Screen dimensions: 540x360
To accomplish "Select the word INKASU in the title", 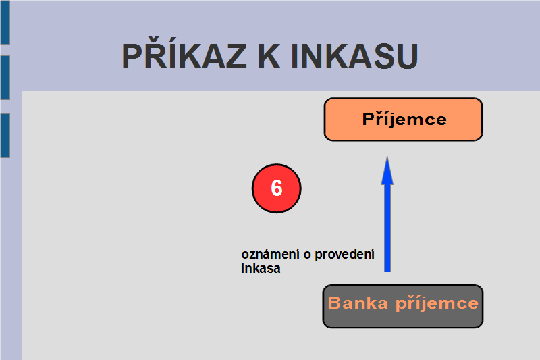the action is coord(354,56).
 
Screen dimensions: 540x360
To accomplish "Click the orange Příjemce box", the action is coord(403,120).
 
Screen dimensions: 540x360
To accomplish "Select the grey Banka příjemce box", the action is coord(403,306).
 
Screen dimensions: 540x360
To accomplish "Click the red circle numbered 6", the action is coord(277,188).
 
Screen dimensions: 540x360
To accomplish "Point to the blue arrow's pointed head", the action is coord(387,157).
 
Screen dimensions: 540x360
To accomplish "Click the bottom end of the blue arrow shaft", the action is coord(387,272).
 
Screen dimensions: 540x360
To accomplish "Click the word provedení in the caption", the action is coord(344,255).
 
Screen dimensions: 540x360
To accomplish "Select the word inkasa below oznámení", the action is coord(261,269).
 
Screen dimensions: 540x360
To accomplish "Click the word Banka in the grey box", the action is coord(358,303).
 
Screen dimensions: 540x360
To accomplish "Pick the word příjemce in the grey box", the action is coord(437,304).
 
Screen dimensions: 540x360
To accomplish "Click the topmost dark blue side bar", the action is coord(5,22).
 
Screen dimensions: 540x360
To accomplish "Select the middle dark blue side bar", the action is coord(5,78).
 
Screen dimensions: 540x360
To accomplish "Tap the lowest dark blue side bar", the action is coord(5,136).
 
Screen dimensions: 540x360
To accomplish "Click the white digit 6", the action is coord(277,188).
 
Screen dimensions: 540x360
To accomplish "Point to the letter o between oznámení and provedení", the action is coord(307,255).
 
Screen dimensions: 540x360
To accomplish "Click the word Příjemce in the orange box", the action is coord(404,119).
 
